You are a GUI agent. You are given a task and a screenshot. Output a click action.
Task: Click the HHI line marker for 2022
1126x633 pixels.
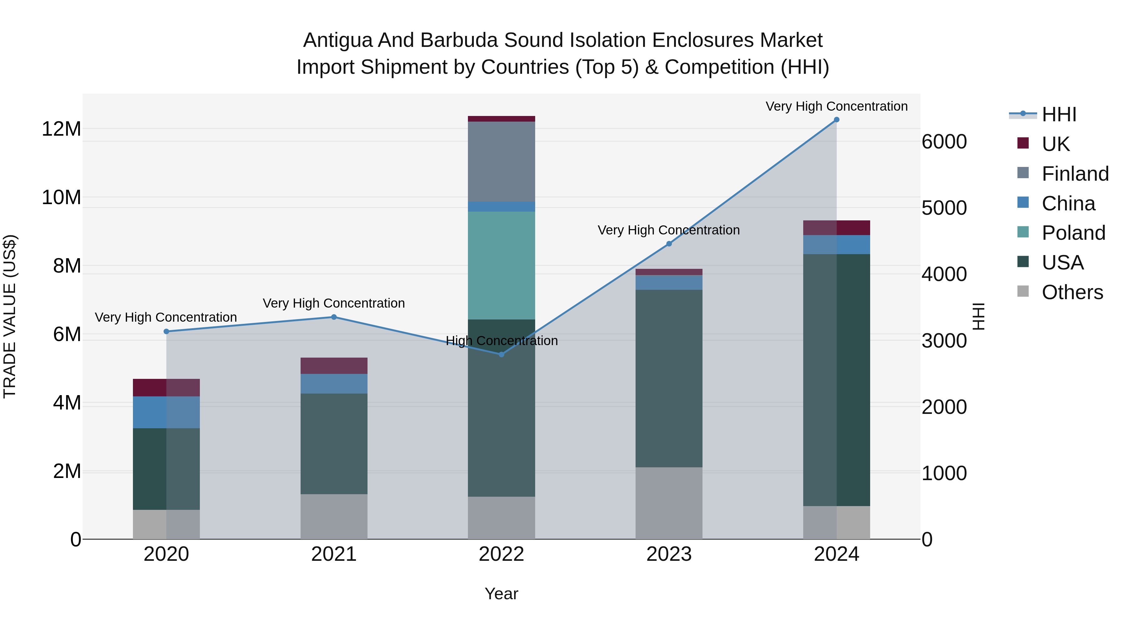coord(501,354)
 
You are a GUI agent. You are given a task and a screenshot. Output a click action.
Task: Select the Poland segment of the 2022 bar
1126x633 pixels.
coord(501,266)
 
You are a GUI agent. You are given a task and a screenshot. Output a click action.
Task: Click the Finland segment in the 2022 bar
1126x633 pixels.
coord(501,162)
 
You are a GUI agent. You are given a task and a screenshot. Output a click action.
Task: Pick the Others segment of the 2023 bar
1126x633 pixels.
coord(669,503)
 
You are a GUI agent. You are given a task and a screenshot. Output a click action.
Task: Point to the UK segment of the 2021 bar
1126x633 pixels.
coord(334,366)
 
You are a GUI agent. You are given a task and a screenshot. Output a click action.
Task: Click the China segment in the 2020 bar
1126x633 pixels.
coord(166,412)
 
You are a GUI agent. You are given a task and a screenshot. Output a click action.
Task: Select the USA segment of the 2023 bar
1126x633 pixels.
coord(669,378)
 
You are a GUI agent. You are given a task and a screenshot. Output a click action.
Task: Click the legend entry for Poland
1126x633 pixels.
coord(1073,233)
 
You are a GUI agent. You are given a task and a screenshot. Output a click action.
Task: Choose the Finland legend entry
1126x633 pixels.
coord(1075,174)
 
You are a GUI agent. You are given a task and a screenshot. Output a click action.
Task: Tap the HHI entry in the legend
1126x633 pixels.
coord(1059,114)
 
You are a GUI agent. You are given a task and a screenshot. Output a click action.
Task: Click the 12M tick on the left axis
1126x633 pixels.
coord(61,129)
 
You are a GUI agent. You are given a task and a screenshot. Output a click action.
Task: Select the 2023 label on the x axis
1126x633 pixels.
coord(669,554)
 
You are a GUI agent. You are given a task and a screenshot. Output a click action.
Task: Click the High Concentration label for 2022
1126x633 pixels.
coord(501,341)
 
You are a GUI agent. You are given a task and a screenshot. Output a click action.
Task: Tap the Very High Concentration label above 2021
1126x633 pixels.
coord(334,303)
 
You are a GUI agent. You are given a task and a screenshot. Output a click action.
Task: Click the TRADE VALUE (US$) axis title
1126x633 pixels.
coord(10,316)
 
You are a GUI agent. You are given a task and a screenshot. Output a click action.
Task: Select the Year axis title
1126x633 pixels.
coord(501,594)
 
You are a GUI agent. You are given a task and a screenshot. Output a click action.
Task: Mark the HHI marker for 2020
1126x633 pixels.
coord(166,332)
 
